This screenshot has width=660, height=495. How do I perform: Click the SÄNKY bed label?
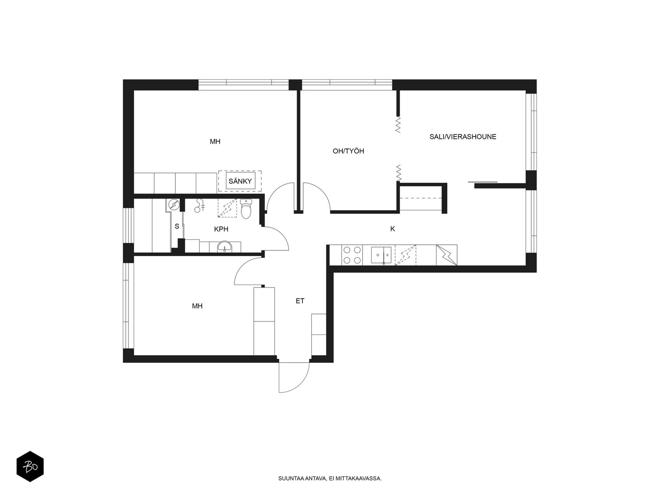pos(240,181)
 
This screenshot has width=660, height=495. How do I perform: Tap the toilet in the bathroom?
pos(246,208)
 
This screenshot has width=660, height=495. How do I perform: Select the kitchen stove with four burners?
pos(352,255)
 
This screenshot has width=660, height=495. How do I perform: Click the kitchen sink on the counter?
pos(381,255)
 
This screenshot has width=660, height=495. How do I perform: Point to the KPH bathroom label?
pos(221,229)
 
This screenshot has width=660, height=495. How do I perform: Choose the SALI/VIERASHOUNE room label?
pos(463,137)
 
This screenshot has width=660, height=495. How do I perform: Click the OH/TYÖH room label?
pos(348,151)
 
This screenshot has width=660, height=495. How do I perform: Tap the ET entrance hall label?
pos(300,301)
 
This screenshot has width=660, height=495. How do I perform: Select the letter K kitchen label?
pos(392,229)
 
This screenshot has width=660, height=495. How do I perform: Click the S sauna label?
pos(177,226)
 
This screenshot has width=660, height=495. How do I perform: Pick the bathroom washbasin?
pos(224,247)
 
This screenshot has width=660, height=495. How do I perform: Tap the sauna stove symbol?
pos(174,205)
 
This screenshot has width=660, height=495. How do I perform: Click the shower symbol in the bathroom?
pos(200,205)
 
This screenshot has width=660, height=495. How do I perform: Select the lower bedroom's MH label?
pos(197,306)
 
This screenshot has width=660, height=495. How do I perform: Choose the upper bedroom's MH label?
pos(215,141)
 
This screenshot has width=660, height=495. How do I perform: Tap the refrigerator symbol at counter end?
pos(446,255)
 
